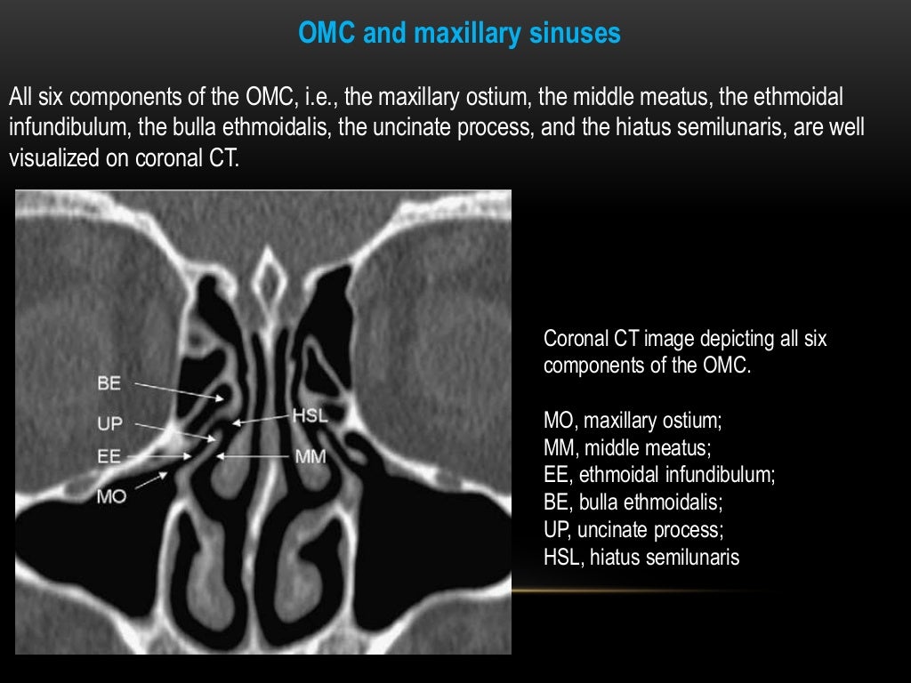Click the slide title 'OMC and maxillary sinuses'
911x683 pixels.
tap(459, 35)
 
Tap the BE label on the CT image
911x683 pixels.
tap(109, 385)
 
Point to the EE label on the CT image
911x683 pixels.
tap(109, 456)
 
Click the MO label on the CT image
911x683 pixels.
tap(112, 496)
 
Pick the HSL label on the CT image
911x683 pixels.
tap(310, 415)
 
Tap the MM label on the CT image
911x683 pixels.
tap(311, 457)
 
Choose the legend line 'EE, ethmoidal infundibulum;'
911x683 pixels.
tap(659, 475)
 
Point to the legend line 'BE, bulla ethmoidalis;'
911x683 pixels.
tap(633, 502)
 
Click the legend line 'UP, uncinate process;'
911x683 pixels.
tap(633, 530)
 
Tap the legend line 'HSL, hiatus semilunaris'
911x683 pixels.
tap(641, 558)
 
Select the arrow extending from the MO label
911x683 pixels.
tap(152, 480)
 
